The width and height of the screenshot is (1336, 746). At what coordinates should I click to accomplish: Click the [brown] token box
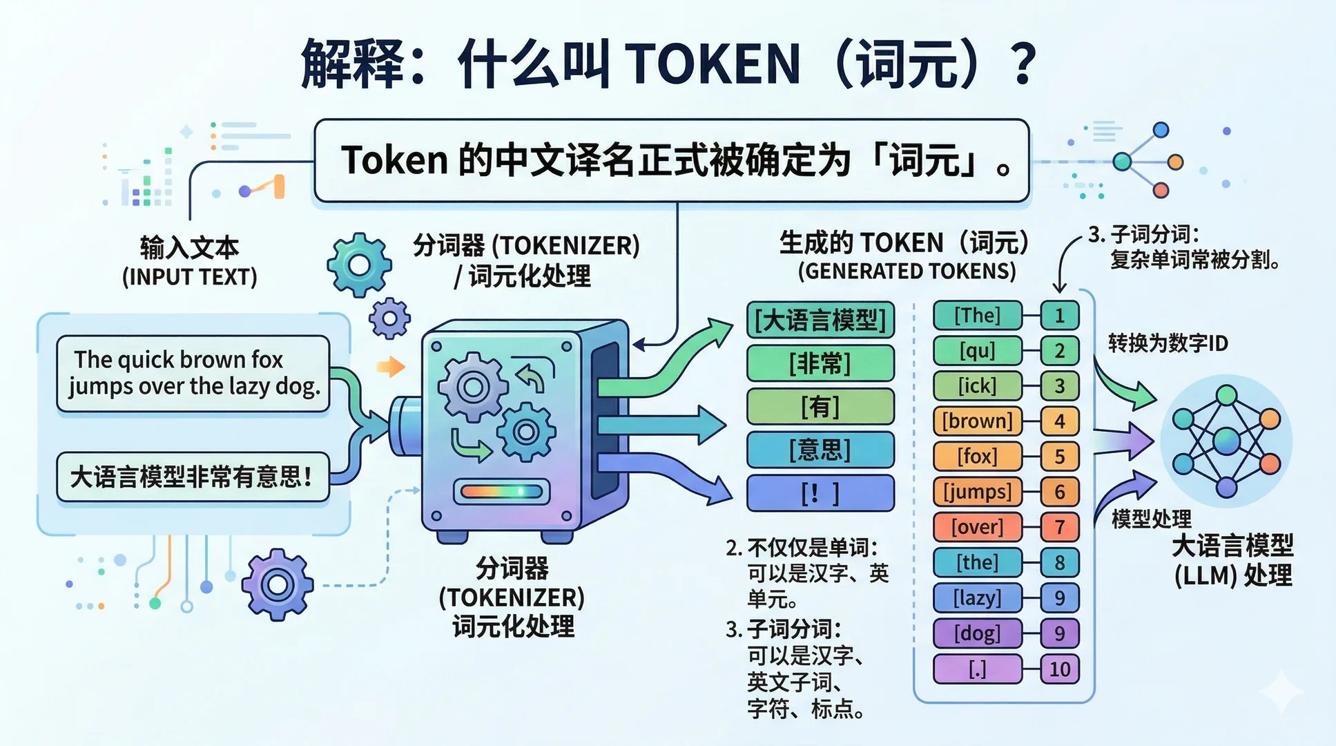click(x=977, y=421)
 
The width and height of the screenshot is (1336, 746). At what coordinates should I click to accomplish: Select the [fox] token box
click(x=977, y=456)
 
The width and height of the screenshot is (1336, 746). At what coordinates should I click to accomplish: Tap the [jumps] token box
click(x=977, y=492)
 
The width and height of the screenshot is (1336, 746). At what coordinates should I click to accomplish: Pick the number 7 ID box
click(x=1059, y=527)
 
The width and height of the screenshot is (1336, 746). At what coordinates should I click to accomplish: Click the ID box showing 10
click(x=1059, y=669)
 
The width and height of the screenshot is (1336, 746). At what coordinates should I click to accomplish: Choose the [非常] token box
click(x=820, y=363)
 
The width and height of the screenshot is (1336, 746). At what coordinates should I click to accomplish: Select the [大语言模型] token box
click(x=820, y=321)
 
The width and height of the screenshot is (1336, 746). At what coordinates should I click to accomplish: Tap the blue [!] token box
click(x=820, y=493)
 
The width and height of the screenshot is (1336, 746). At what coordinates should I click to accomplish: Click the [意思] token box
click(x=820, y=450)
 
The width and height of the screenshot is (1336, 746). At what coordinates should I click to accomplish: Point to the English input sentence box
click(x=193, y=373)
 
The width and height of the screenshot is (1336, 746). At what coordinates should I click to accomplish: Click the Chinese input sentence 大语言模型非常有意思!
click(x=193, y=477)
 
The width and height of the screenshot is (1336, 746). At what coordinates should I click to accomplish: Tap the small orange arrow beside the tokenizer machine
click(x=391, y=366)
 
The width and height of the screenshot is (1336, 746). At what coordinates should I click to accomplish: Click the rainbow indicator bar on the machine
click(x=501, y=492)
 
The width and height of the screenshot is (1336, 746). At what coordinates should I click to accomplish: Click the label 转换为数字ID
click(x=1168, y=343)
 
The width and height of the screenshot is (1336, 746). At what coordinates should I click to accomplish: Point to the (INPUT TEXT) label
click(x=189, y=278)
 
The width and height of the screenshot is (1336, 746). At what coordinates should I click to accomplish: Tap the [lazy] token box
click(x=977, y=597)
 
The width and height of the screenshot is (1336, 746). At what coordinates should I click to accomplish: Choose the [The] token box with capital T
click(x=977, y=316)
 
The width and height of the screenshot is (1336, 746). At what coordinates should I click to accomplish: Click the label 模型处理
click(x=1151, y=519)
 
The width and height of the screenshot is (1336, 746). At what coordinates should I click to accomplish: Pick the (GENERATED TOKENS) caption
click(x=907, y=271)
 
